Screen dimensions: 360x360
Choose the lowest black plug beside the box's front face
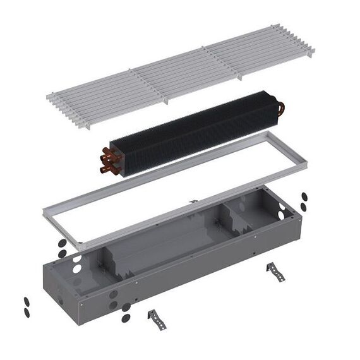(125, 316)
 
